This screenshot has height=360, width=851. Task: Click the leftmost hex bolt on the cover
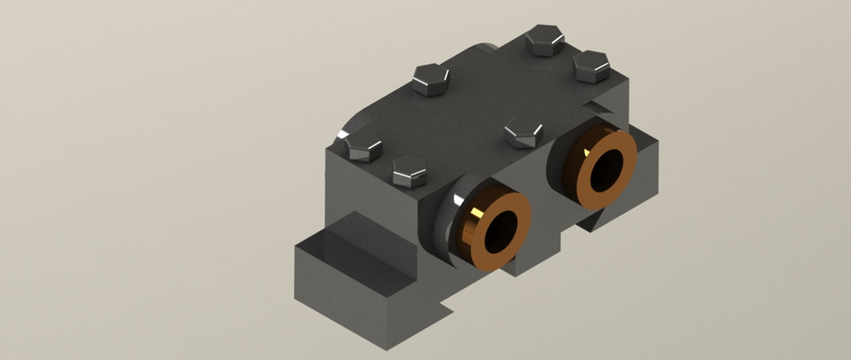click(x=362, y=148)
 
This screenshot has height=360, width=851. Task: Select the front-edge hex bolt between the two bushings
click(x=523, y=134)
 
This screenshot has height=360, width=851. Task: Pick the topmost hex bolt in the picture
click(x=543, y=40)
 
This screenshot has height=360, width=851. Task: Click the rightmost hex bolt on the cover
click(x=589, y=66)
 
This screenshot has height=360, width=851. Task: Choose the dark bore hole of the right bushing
click(x=608, y=168)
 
